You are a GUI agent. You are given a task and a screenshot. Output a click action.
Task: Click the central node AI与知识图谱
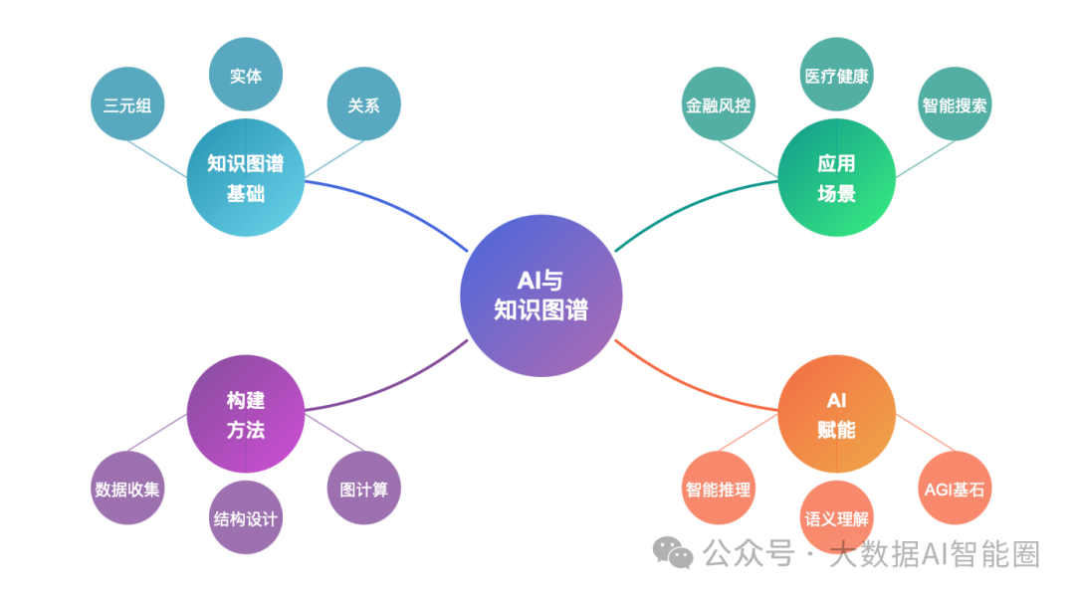coord(540,296)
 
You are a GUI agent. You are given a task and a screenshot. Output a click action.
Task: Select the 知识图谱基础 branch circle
coord(246,177)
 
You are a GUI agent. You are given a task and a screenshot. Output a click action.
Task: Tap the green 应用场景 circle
coord(836,177)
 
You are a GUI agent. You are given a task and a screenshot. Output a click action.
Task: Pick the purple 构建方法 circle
coord(246,413)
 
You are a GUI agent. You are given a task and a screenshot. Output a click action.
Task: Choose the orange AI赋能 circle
coord(836,413)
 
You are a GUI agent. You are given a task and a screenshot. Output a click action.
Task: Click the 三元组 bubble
coord(127,104)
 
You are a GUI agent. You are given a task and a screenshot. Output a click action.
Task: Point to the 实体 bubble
coord(246,74)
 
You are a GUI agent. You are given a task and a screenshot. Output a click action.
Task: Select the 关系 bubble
coord(364,104)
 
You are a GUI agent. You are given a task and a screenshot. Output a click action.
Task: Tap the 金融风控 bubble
coord(719,104)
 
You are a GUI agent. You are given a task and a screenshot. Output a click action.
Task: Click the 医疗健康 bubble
coord(836,74)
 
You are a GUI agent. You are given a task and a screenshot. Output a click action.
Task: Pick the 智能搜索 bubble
coord(955,104)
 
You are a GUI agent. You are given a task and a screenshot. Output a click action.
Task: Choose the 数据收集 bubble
coord(127,488)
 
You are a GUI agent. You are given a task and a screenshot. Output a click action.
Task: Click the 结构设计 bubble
coord(246,517)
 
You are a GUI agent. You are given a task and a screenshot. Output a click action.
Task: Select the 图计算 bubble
coord(364,488)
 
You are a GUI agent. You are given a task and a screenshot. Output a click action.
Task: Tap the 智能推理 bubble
coord(719,488)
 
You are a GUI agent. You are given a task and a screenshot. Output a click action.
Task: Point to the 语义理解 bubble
coord(836,517)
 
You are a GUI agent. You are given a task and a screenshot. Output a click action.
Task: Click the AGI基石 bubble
coord(955,488)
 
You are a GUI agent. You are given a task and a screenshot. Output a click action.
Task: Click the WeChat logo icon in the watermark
coord(673,552)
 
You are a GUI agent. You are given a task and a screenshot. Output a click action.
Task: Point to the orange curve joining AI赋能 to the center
coord(689,385)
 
